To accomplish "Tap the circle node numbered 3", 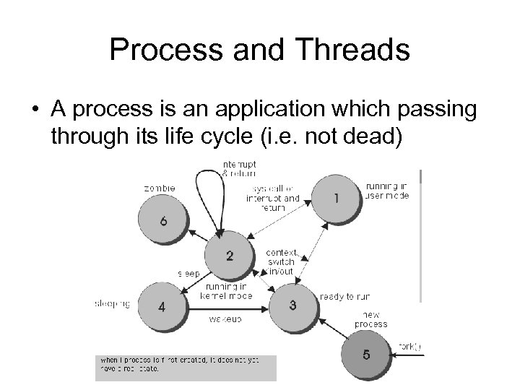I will [292, 305].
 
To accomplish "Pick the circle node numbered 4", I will [162, 306].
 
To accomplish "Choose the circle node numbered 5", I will [368, 355].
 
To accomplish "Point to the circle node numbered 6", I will [163, 222].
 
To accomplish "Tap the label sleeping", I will [112, 304].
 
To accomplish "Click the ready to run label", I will [344, 296].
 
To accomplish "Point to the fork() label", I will [409, 347].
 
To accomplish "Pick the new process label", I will [370, 320].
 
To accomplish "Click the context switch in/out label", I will [282, 262].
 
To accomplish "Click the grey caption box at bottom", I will [186, 367].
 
